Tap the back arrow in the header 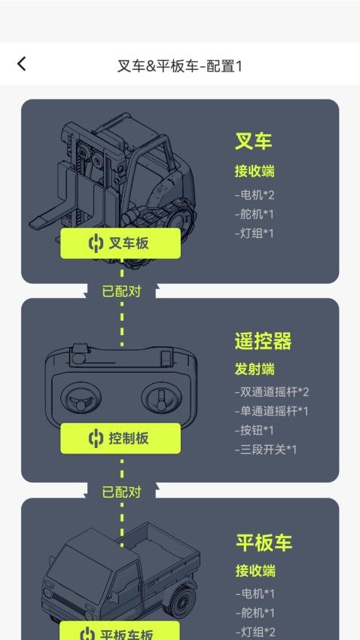coord(21,64)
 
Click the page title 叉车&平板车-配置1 coord(179,66)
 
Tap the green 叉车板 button coord(121,243)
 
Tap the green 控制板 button coord(121,438)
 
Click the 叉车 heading coord(254,142)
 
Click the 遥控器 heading coord(263,341)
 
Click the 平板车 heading coord(264,542)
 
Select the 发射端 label coord(255,369)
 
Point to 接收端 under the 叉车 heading coord(255,171)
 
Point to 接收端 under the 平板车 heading coord(255,570)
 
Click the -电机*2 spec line coord(255,195)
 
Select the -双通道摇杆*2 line coord(271,392)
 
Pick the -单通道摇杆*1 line coord(271,411)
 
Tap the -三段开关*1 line coord(265,450)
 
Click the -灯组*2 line coord(255,632)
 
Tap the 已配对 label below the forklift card coord(121,291)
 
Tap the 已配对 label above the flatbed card coord(121,492)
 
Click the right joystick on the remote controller coord(161,397)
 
